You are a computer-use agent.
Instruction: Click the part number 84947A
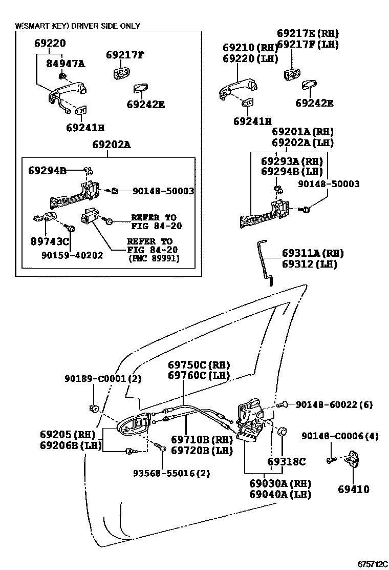click(66, 64)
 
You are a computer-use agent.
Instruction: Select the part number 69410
click(353, 490)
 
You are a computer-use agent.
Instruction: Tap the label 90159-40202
click(74, 255)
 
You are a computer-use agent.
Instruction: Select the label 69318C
click(287, 461)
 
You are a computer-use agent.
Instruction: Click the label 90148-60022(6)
click(334, 404)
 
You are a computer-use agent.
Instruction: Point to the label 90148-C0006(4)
click(340, 436)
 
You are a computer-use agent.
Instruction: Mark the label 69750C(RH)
click(199, 365)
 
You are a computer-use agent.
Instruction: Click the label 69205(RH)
click(64, 434)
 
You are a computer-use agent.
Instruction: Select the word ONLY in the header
click(129, 26)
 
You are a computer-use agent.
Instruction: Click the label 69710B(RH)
click(202, 440)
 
